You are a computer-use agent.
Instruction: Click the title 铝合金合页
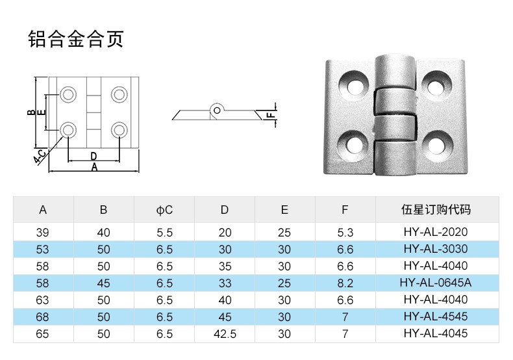[x=76, y=39]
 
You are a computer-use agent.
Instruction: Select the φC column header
[x=164, y=210]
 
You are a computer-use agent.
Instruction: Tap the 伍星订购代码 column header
[x=436, y=209]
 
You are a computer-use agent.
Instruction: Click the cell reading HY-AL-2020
[x=436, y=232]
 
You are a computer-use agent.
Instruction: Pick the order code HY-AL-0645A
[x=436, y=283]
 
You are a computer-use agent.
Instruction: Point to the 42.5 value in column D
[x=225, y=334]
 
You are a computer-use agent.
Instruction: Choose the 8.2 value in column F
[x=345, y=283]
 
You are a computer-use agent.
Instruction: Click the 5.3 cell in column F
[x=345, y=233]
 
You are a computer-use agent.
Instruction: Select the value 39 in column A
[x=42, y=233]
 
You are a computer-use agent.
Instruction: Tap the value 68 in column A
[x=42, y=317]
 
